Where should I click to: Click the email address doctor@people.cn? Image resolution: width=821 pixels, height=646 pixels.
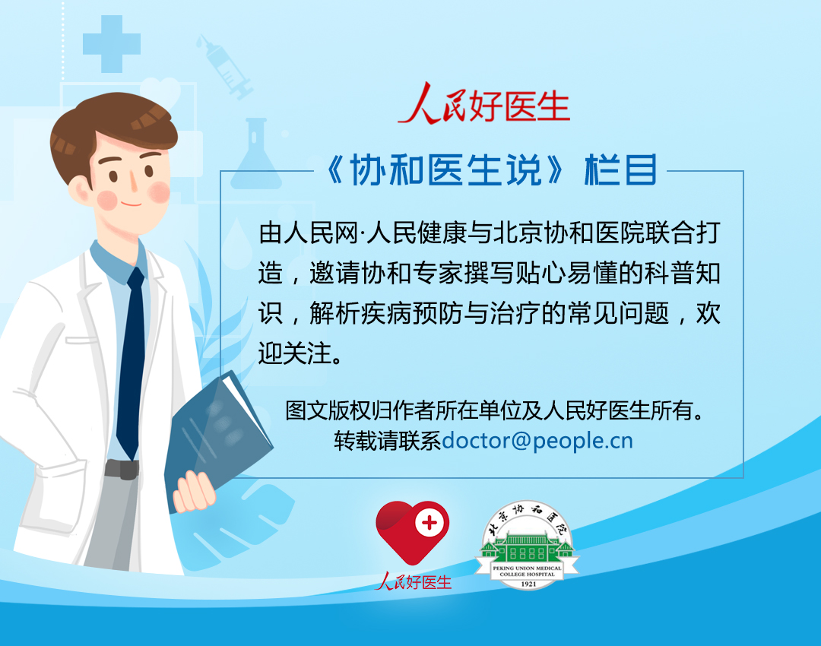(x=537, y=441)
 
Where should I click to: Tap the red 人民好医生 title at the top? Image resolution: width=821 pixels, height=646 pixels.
(x=484, y=103)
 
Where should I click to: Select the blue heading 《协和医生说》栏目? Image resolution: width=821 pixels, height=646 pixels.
(x=490, y=170)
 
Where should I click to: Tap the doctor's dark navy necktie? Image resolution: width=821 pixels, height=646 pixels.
(x=131, y=361)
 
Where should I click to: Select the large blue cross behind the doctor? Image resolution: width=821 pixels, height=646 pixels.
(x=112, y=44)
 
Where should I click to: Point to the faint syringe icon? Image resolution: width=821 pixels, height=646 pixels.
(x=224, y=66)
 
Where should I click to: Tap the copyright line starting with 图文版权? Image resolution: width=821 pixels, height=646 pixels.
(x=494, y=410)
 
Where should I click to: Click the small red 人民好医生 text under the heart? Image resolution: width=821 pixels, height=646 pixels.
(x=413, y=581)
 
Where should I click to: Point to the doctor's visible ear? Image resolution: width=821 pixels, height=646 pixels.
(x=80, y=189)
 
